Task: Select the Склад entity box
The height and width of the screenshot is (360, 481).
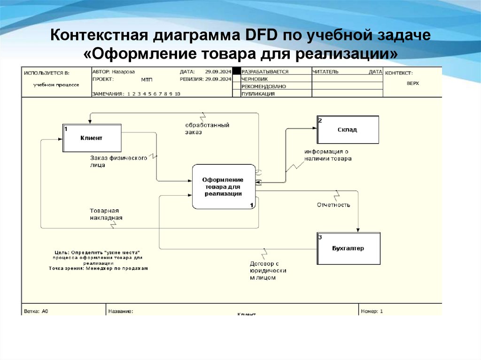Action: [348, 130]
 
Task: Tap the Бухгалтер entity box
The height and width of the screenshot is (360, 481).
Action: [348, 248]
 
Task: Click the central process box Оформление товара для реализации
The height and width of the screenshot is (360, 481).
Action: [223, 186]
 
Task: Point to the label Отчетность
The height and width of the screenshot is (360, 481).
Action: [334, 205]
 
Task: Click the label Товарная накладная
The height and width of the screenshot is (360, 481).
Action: [107, 214]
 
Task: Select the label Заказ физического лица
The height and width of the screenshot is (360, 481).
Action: [118, 161]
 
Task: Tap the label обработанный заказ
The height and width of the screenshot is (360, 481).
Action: [207, 129]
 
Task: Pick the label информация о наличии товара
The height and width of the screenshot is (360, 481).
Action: [327, 155]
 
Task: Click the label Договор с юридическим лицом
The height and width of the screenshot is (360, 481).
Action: [268, 270]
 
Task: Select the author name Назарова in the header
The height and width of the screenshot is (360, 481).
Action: [123, 72]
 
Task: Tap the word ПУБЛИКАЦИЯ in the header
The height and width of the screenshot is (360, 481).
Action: [258, 94]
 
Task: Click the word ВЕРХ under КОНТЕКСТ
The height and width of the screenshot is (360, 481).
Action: [413, 83]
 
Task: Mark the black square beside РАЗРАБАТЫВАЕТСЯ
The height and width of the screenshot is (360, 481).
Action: [237, 72]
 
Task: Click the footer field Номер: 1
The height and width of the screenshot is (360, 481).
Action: [372, 311]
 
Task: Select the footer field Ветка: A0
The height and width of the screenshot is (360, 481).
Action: [36, 311]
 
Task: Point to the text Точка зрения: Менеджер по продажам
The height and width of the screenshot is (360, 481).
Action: [98, 268]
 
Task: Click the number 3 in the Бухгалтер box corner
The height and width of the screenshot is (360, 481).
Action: [320, 237]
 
